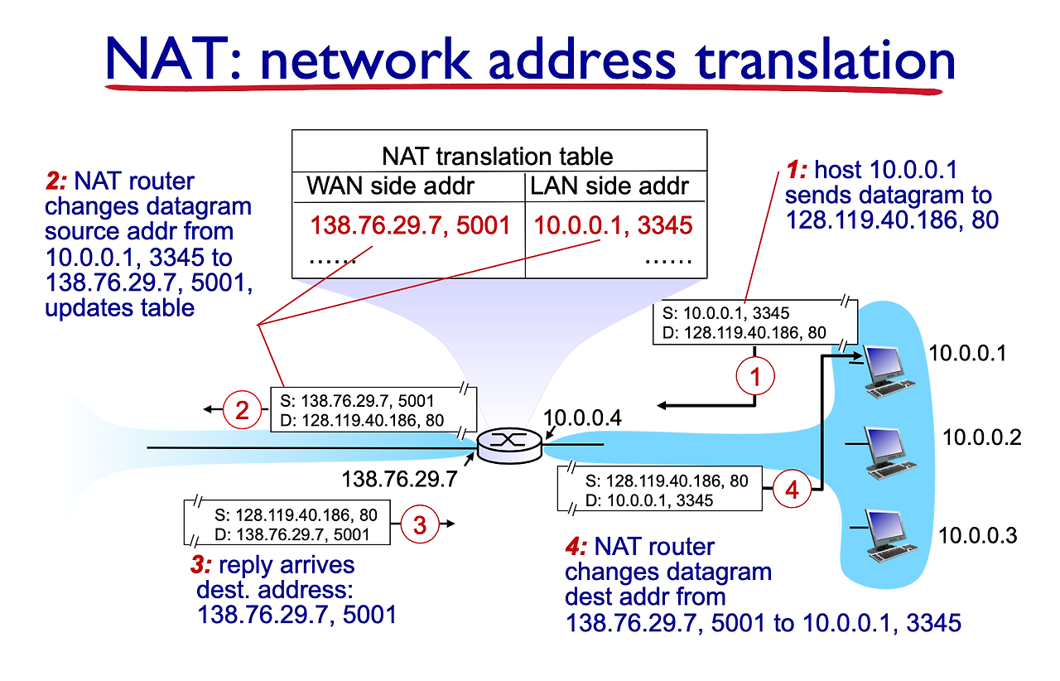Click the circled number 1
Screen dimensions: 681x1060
pos(754,378)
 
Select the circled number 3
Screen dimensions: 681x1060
pos(420,524)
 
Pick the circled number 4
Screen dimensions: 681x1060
pos(792,490)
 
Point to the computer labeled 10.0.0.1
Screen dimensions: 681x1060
pos(886,369)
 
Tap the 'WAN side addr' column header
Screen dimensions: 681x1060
pos(390,186)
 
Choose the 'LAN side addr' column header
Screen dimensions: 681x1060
pos(609,186)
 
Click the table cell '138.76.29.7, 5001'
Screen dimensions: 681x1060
pos(410,225)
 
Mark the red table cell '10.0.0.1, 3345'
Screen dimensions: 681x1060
pos(612,225)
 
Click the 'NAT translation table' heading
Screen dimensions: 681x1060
pos(497,156)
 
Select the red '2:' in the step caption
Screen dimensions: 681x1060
pos(59,181)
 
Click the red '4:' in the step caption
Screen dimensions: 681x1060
pos(577,547)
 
